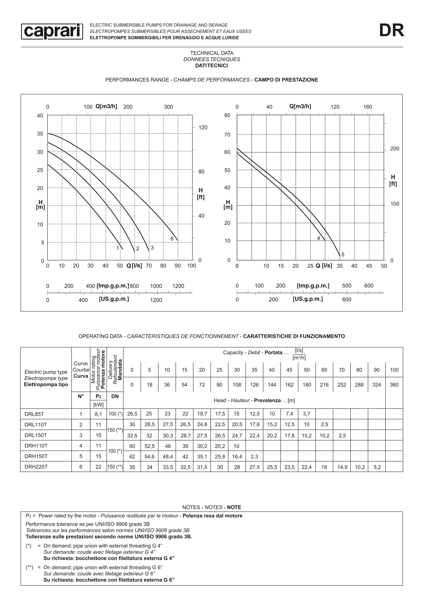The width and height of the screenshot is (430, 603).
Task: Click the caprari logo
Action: point(52,31)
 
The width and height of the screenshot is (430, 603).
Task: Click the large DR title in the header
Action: point(391,30)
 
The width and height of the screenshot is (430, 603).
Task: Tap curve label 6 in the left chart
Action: point(172,239)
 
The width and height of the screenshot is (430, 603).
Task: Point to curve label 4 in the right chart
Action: point(319,238)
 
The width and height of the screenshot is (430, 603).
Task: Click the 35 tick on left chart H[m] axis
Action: point(40,134)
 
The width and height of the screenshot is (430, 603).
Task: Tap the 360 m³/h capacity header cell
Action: point(394,385)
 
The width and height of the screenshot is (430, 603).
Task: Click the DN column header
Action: point(115,396)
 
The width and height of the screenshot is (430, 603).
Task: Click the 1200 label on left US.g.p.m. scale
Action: point(156,300)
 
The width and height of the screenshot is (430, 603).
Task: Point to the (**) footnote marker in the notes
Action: point(29,567)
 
